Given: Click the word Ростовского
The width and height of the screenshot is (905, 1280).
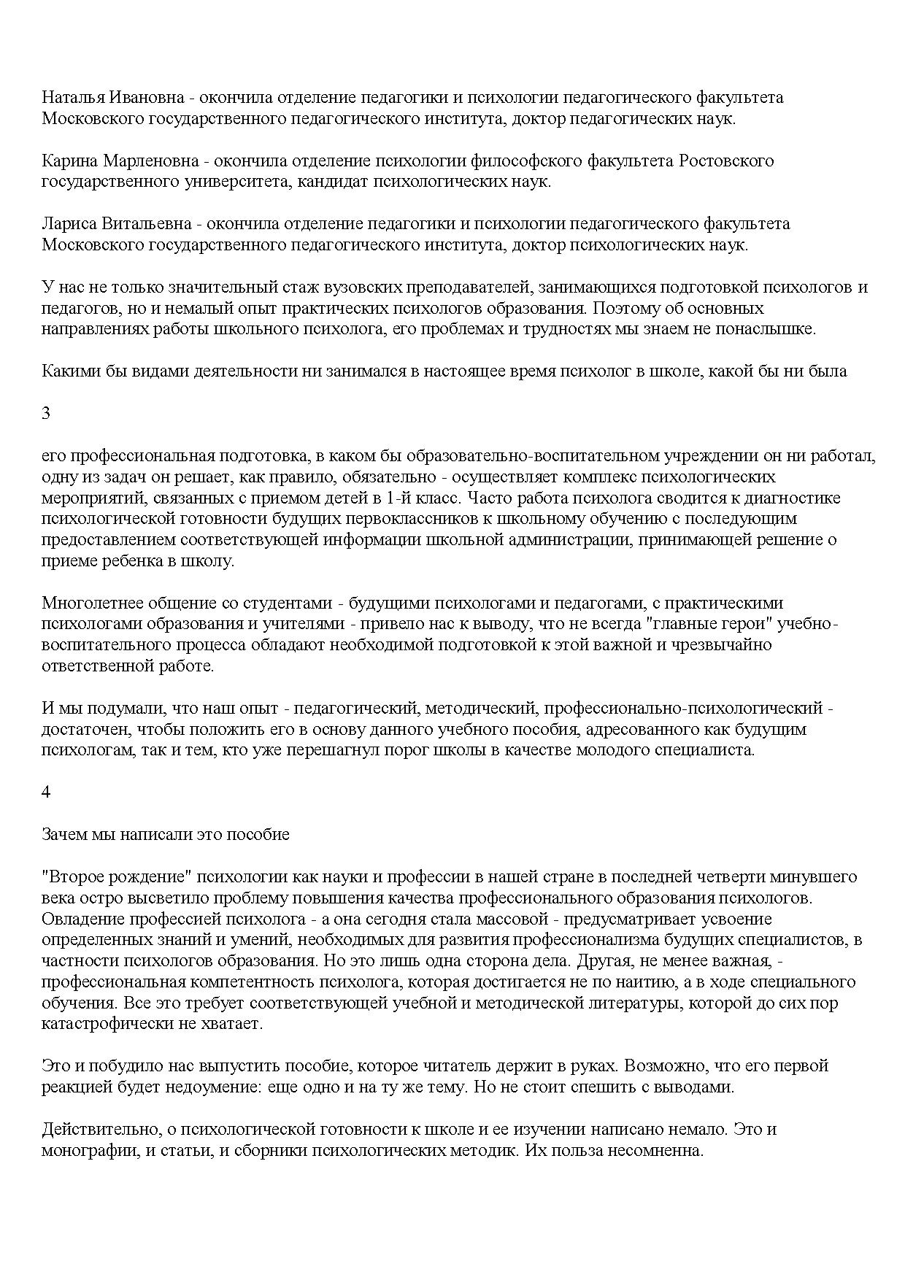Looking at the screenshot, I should click(x=726, y=161).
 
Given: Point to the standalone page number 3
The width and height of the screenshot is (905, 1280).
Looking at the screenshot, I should click(x=46, y=413).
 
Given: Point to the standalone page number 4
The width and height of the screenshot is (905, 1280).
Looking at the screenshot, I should click(x=46, y=793).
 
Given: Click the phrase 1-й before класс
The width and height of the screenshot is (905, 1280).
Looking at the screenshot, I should click(x=400, y=498).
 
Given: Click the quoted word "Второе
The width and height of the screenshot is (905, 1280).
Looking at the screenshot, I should click(x=72, y=876).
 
